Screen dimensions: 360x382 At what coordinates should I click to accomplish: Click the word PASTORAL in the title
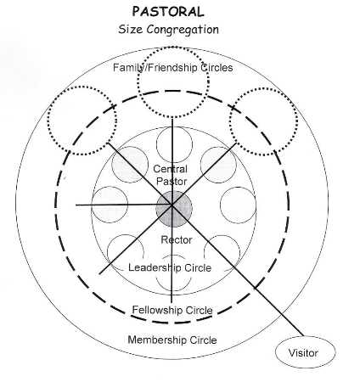point(168,12)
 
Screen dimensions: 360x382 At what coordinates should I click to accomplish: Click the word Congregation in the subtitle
point(183,30)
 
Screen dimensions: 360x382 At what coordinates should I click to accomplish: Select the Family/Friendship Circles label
point(173,68)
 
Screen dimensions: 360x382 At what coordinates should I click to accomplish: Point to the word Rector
point(177,239)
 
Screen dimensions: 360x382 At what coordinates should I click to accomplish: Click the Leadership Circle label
point(170,267)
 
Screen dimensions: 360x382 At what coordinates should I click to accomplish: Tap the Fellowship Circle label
point(172,310)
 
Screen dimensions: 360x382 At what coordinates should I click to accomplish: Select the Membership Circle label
point(172,340)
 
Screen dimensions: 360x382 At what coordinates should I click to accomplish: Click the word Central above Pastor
point(171,169)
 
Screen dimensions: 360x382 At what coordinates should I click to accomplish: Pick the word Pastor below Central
point(172,181)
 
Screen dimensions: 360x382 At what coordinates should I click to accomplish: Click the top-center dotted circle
point(173,48)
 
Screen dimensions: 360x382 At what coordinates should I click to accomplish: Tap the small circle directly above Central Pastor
point(174,126)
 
